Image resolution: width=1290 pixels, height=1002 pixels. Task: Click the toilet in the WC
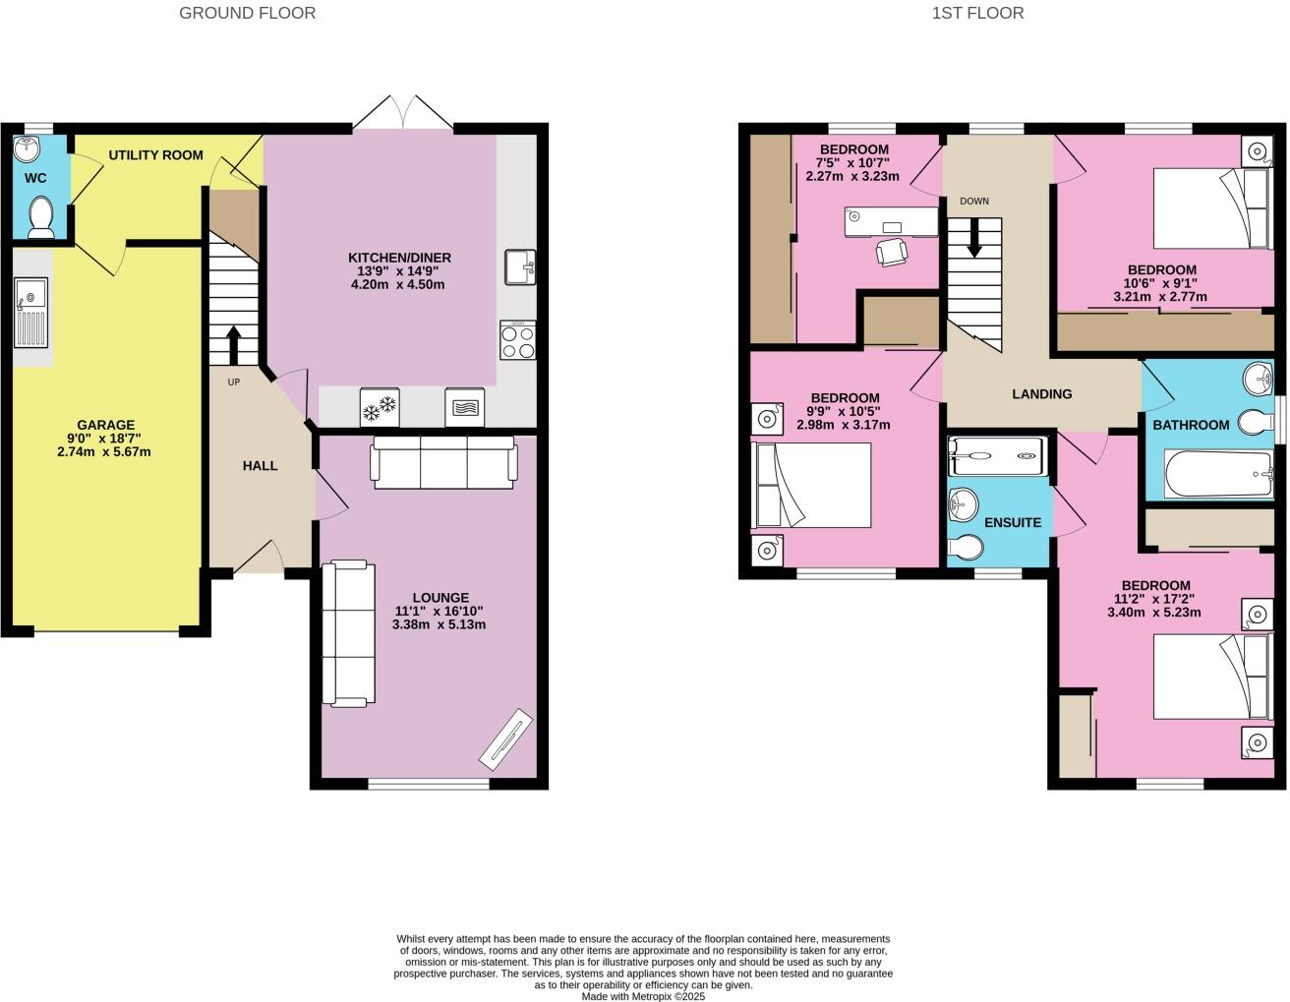pyautogui.click(x=41, y=216)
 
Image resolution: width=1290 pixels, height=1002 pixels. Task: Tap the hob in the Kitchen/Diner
pyautogui.click(x=517, y=340)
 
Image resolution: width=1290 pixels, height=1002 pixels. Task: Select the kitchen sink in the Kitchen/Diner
pyautogui.click(x=520, y=267)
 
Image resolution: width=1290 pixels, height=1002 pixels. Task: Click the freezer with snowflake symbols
pyautogui.click(x=380, y=407)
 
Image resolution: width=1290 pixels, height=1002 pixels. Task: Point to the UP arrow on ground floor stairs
pyautogui.click(x=234, y=345)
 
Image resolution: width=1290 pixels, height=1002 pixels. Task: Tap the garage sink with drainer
pyautogui.click(x=30, y=313)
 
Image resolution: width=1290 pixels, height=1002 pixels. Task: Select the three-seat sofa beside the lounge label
pyautogui.click(x=348, y=633)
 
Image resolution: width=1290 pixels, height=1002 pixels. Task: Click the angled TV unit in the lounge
pyautogui.click(x=505, y=738)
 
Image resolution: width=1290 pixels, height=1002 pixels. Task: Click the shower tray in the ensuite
pyautogui.click(x=997, y=456)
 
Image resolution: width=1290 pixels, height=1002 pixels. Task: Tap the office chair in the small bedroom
pyautogui.click(x=892, y=252)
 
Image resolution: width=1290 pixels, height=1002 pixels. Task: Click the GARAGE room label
pyautogui.click(x=105, y=425)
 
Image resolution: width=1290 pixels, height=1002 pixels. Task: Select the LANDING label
pyautogui.click(x=1042, y=394)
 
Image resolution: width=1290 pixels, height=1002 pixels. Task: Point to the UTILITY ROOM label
pyautogui.click(x=155, y=155)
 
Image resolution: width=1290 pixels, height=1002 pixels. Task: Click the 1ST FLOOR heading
pyautogui.click(x=977, y=13)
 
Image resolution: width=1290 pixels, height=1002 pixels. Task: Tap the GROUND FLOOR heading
pyautogui.click(x=247, y=13)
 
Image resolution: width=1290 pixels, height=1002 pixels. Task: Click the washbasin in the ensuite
pyautogui.click(x=963, y=503)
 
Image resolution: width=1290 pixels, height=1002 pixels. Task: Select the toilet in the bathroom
pyautogui.click(x=1256, y=422)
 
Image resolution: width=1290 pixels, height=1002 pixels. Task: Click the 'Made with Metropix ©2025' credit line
pyautogui.click(x=643, y=997)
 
